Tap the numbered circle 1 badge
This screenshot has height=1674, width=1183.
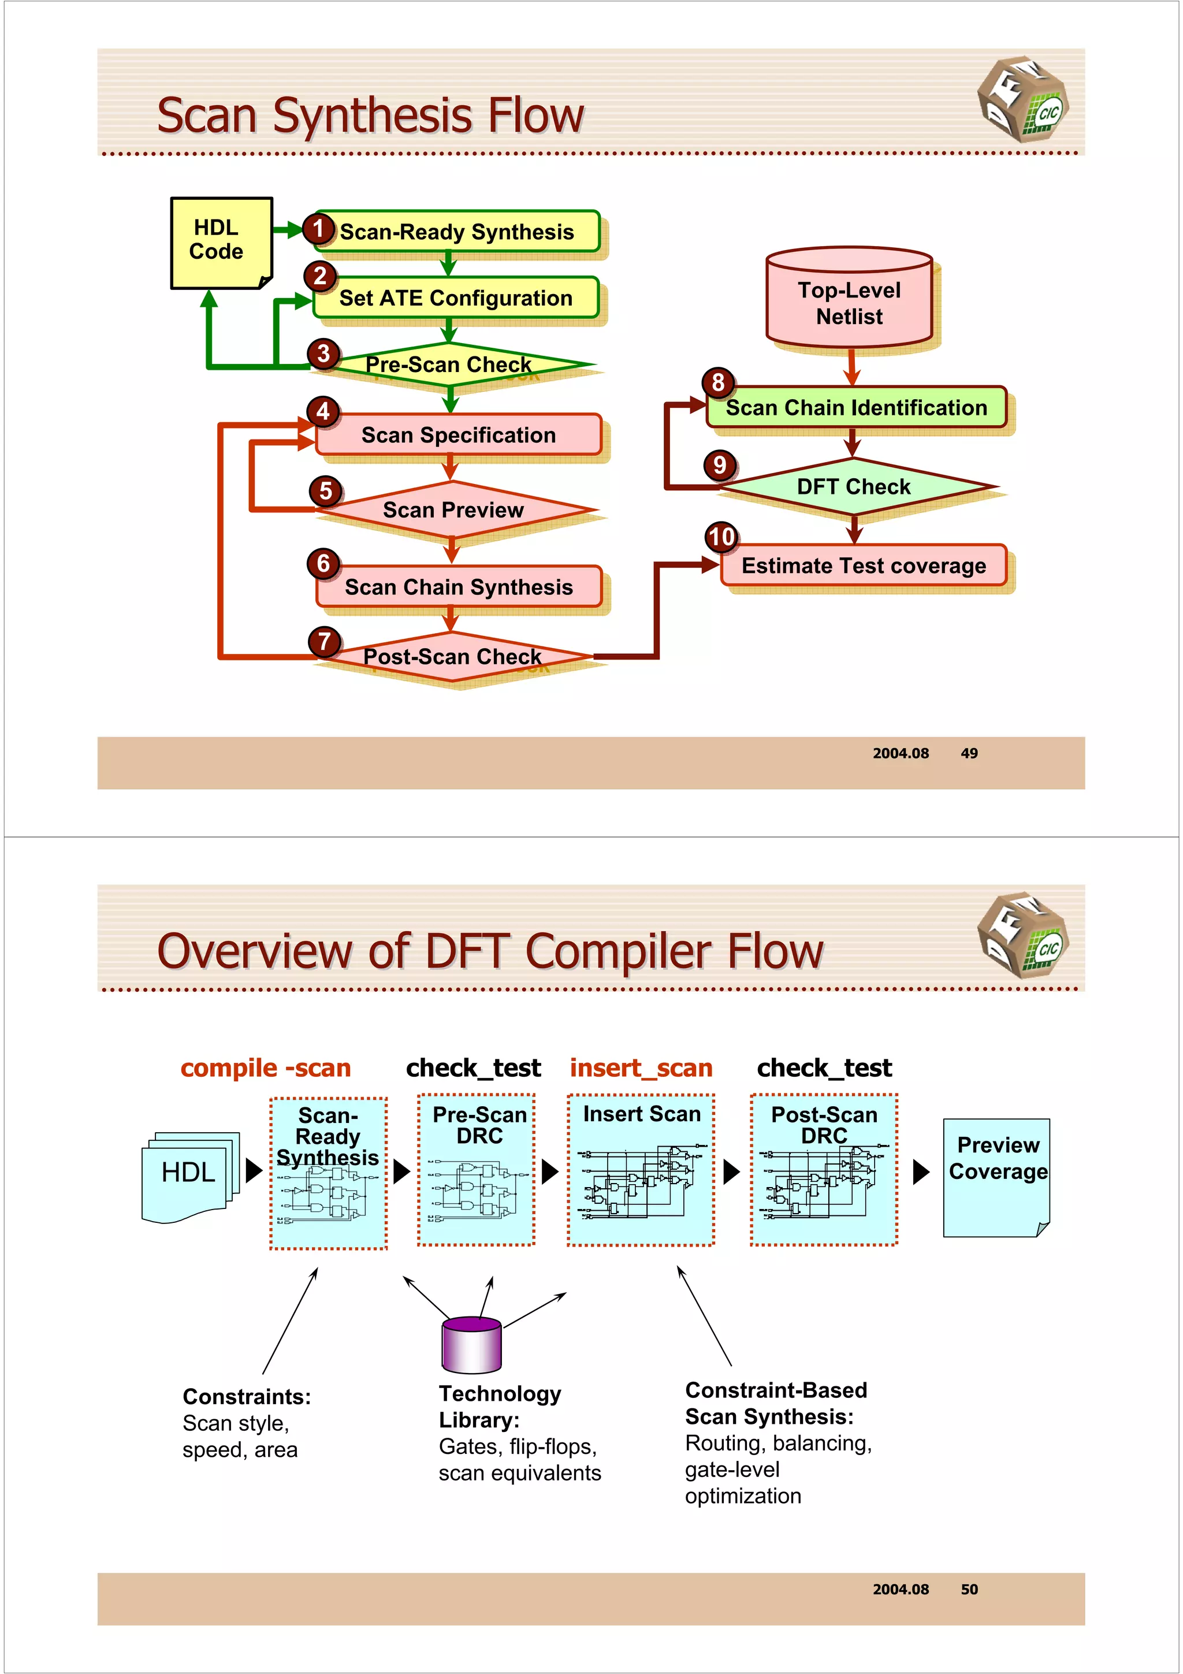point(318,229)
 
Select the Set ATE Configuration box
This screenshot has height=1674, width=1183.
point(456,297)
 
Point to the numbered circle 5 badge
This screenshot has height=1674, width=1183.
point(325,490)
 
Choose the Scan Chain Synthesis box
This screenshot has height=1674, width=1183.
point(459,587)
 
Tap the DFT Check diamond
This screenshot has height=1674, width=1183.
point(854,486)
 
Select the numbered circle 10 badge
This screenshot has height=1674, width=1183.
point(721,537)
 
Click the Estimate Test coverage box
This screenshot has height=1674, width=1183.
point(864,566)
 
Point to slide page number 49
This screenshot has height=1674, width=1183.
point(969,753)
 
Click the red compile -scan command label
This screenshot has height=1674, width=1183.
point(266,1068)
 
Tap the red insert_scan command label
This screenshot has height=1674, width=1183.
point(641,1068)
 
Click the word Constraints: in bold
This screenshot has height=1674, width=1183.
point(247,1396)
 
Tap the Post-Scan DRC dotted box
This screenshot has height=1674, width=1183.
point(824,1170)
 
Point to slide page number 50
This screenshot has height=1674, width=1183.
point(969,1590)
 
